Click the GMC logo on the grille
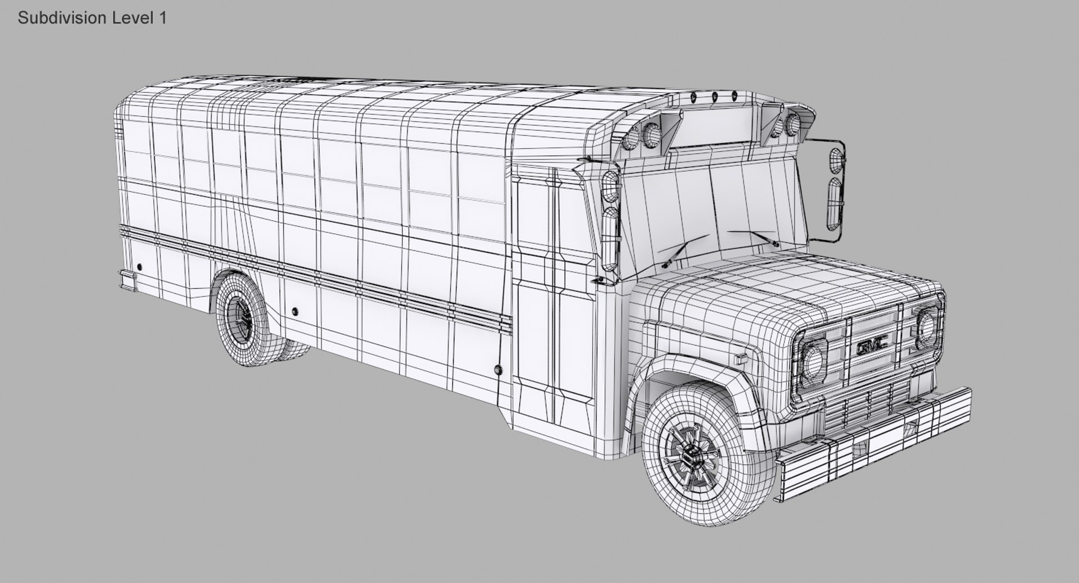[x=872, y=347]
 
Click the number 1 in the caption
[x=163, y=18]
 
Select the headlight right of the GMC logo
[x=925, y=324]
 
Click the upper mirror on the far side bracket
[x=836, y=158]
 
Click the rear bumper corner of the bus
[x=128, y=280]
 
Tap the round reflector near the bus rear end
[x=139, y=267]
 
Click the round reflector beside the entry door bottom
[x=497, y=369]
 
